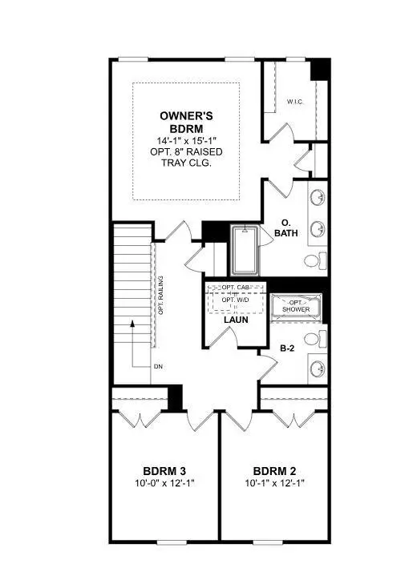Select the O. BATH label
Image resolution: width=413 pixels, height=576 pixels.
286,227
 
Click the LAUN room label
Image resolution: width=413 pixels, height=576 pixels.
235,320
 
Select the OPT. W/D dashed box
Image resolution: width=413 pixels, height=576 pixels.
235,302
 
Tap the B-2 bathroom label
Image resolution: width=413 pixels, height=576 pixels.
289,348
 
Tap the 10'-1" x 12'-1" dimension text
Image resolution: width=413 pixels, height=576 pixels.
275,484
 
